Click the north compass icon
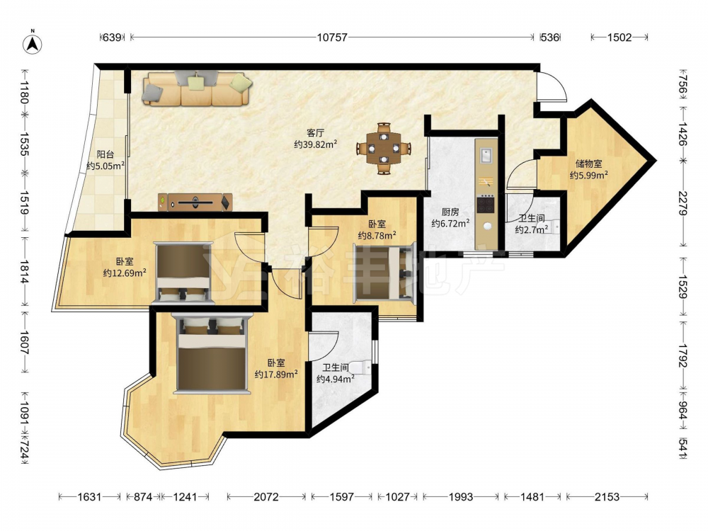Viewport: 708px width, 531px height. pyautogui.click(x=33, y=43)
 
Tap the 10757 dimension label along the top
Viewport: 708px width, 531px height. pyautogui.click(x=332, y=38)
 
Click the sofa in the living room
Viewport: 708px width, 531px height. pyautogui.click(x=197, y=88)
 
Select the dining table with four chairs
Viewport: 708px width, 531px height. pyautogui.click(x=383, y=148)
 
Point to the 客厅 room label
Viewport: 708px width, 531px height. pyautogui.click(x=316, y=133)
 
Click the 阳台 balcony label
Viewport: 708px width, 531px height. pyautogui.click(x=105, y=154)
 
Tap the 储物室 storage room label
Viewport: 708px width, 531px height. pyautogui.click(x=588, y=164)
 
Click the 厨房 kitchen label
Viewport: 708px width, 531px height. pyautogui.click(x=450, y=212)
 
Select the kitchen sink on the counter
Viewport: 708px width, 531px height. pyautogui.click(x=486, y=155)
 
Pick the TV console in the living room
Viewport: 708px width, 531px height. pyautogui.click(x=195, y=202)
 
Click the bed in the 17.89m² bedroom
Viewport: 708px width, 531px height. pyautogui.click(x=211, y=354)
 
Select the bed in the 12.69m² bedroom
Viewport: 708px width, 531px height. pyautogui.click(x=182, y=273)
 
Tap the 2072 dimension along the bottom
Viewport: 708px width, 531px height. pyautogui.click(x=266, y=497)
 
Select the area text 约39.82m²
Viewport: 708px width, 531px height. pyautogui.click(x=316, y=144)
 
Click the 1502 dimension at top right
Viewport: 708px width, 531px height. pyautogui.click(x=619, y=38)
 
